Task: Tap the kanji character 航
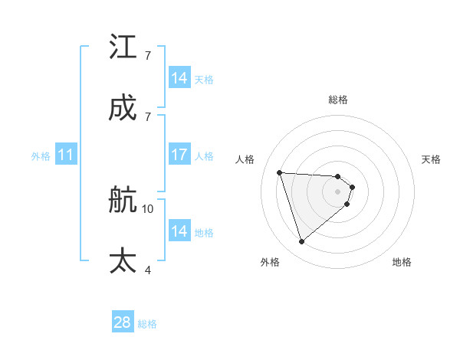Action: click(x=123, y=201)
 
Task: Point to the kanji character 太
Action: click(x=123, y=260)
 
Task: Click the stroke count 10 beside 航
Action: click(x=148, y=208)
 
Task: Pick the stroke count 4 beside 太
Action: click(x=147, y=270)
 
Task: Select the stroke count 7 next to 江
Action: click(x=147, y=56)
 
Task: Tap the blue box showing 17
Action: click(x=179, y=155)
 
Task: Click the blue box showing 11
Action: click(x=65, y=155)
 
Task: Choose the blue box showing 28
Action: click(x=123, y=322)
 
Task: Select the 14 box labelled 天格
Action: click(x=179, y=78)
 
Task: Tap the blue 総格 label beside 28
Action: click(x=147, y=324)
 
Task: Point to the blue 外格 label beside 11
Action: click(x=41, y=156)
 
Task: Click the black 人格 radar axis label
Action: click(x=246, y=159)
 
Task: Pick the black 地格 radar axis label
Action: click(x=402, y=262)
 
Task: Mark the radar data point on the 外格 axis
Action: click(x=301, y=242)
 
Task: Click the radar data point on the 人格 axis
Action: click(x=280, y=172)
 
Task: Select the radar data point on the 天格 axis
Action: click(x=352, y=186)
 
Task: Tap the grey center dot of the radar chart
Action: click(x=338, y=191)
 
